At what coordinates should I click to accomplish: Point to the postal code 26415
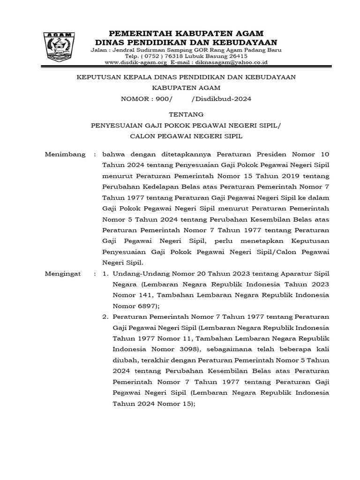coord(238,55)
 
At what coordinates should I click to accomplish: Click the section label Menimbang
coord(65,154)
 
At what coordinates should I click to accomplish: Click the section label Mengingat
coord(63,273)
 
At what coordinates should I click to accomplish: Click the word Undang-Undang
coord(136,273)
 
